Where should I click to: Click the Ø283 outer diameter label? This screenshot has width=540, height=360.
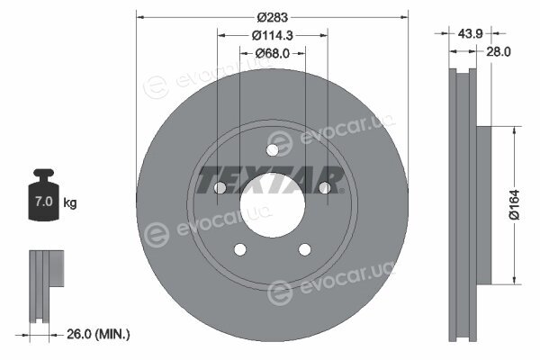(x=273, y=17)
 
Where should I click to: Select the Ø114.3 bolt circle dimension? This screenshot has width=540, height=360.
(x=273, y=35)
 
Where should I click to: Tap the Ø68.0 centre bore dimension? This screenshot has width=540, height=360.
(x=273, y=53)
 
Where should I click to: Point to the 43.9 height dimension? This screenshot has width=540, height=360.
(x=470, y=34)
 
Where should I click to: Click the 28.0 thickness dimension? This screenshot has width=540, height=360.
(x=498, y=51)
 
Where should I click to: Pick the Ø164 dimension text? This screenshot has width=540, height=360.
(x=514, y=204)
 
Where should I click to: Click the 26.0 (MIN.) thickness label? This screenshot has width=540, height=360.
(x=98, y=334)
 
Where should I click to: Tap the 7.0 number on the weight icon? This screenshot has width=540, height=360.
(x=44, y=202)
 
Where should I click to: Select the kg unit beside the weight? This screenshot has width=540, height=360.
(x=70, y=202)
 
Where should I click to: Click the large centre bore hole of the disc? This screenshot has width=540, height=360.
(x=273, y=205)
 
